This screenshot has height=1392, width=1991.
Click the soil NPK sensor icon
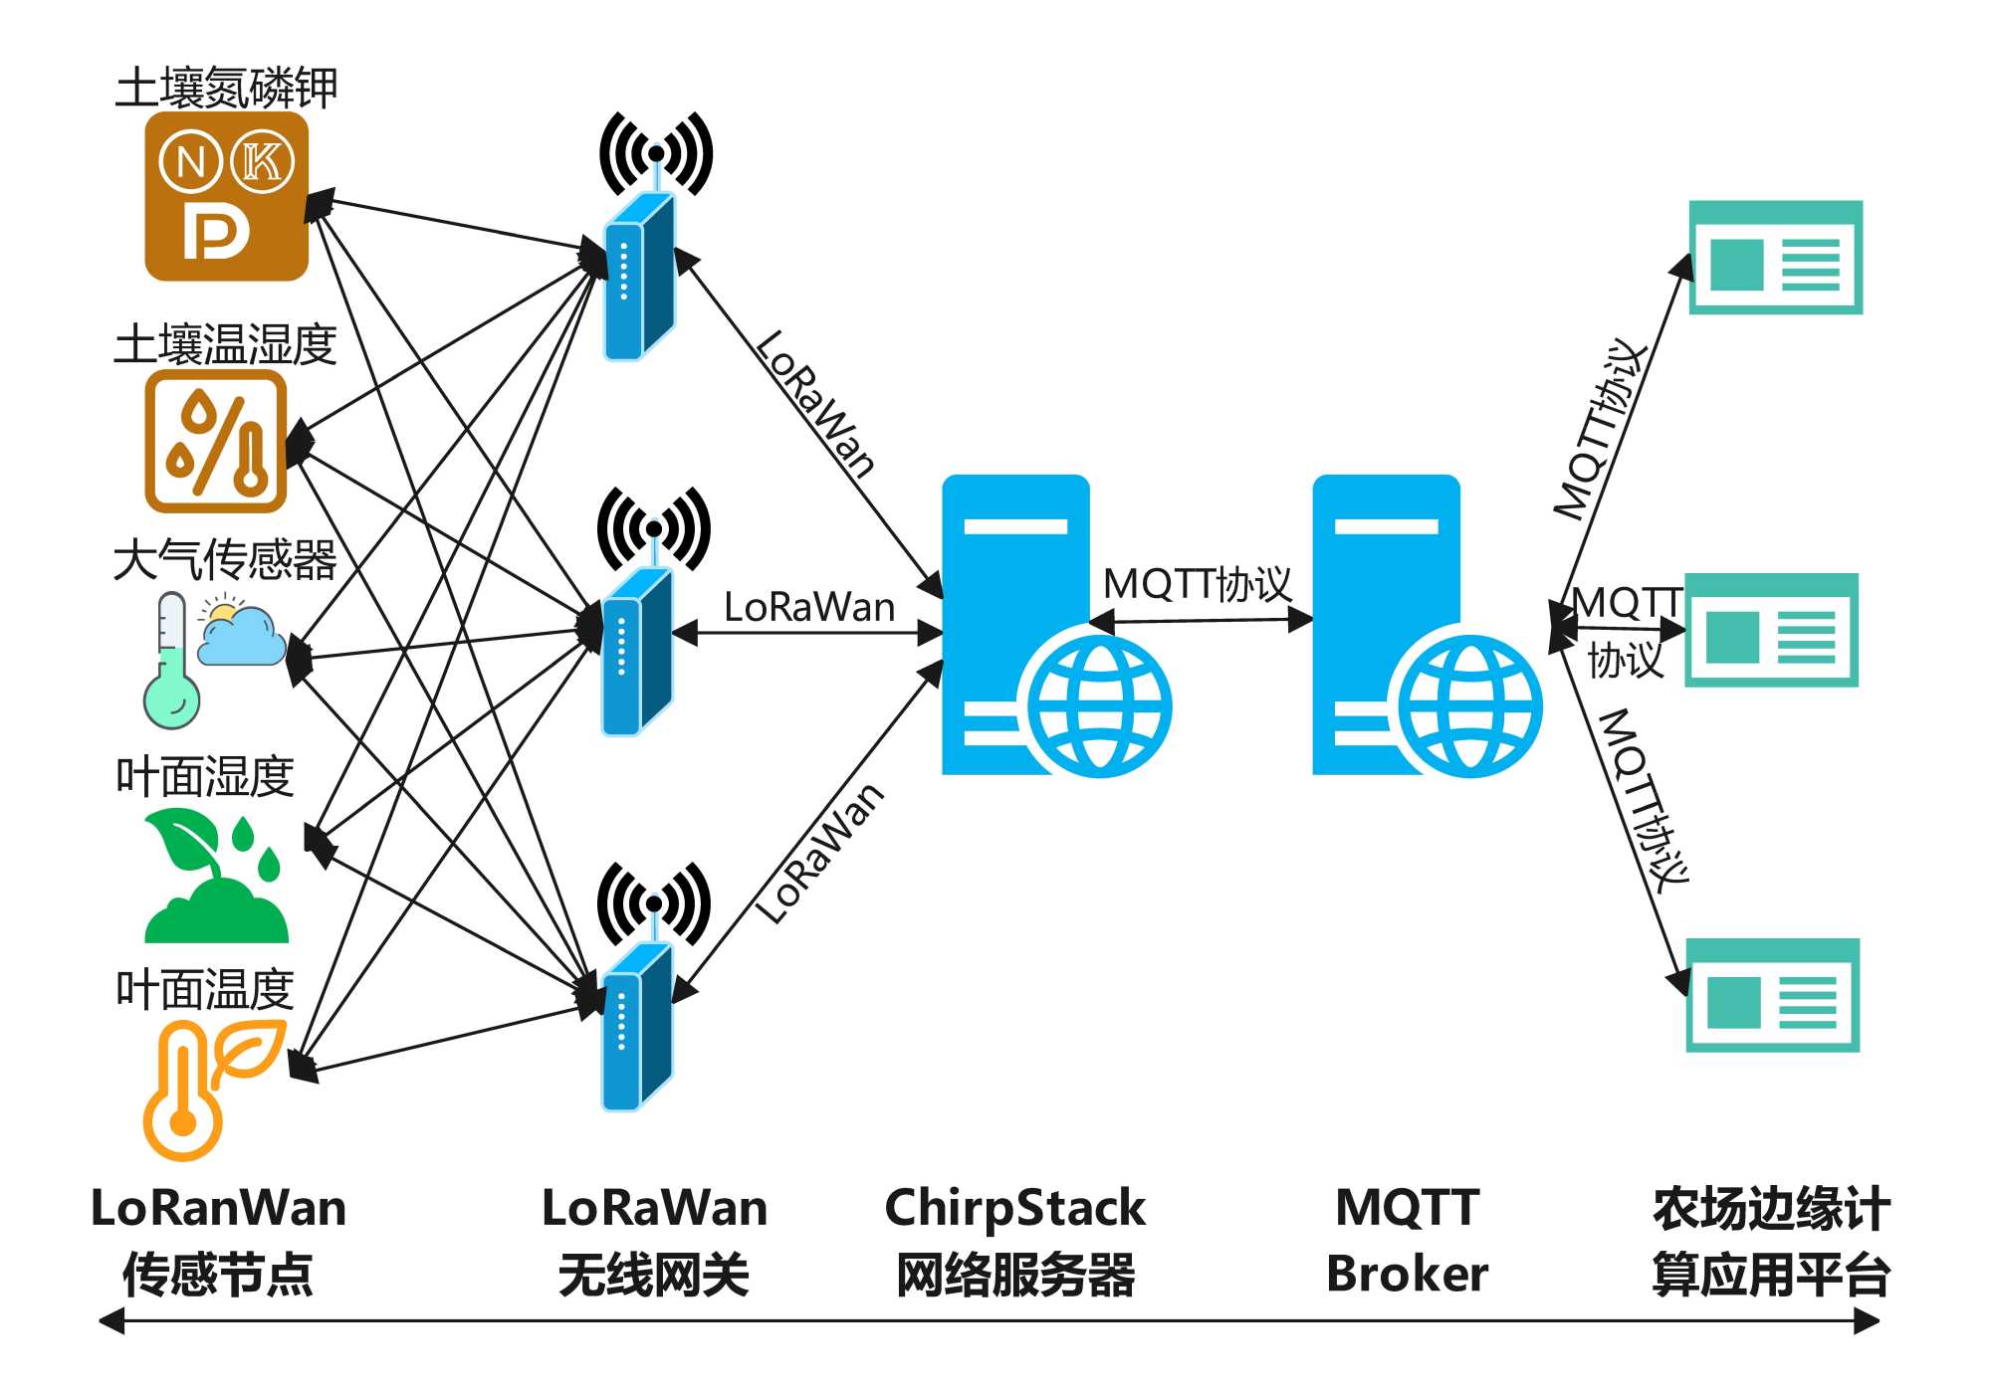(226, 196)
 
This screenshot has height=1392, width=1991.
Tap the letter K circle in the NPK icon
(262, 161)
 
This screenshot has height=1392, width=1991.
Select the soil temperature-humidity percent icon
(216, 441)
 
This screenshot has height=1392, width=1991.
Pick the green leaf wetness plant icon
(216, 877)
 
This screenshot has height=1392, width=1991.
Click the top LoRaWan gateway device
(639, 277)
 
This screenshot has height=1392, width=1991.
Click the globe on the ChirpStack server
(1099, 706)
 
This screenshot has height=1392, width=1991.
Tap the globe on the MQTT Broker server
(1469, 706)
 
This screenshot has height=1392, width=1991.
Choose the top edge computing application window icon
(1775, 258)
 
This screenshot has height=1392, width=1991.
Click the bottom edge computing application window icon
(1772, 995)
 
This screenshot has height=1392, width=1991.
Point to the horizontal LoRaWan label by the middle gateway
(808, 607)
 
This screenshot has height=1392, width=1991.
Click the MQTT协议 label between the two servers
(1198, 584)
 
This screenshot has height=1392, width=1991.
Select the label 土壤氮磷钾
(226, 88)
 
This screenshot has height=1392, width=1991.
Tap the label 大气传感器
(225, 559)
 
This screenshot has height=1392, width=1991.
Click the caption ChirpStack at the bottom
(1014, 1208)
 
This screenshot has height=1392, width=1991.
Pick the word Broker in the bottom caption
(1407, 1275)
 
